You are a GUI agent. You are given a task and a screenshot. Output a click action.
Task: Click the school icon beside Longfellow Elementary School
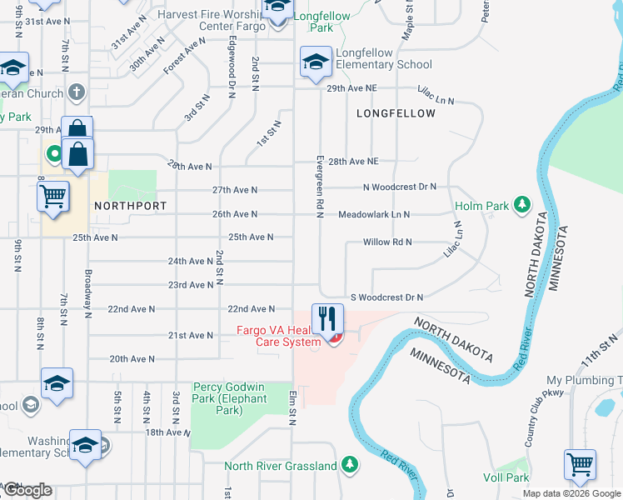coord(316,62)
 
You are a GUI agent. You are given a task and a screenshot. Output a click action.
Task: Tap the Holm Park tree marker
coord(522,204)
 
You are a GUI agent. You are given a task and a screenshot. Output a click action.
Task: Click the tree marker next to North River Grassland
coord(351,465)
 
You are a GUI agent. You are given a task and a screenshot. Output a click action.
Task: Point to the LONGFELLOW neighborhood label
coord(396,113)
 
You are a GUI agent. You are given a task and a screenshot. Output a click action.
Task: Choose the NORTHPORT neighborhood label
coord(130,205)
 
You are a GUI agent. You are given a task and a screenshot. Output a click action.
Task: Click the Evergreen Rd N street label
coord(319,186)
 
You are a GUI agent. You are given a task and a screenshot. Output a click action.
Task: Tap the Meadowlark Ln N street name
coord(374,214)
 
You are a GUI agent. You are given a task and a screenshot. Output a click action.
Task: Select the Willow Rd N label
coord(387,242)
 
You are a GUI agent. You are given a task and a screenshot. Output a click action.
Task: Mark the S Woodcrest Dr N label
coord(386,297)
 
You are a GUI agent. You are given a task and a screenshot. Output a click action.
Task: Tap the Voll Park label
coord(506,477)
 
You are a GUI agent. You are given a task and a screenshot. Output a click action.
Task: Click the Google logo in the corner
coord(27,490)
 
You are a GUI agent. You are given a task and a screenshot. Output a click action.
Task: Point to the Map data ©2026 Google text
coord(571,493)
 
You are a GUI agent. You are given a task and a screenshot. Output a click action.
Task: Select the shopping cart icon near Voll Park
coord(580,464)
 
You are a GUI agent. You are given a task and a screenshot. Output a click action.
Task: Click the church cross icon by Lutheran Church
coord(77,92)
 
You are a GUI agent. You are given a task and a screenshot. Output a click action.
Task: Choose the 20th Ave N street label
coord(132,359)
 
